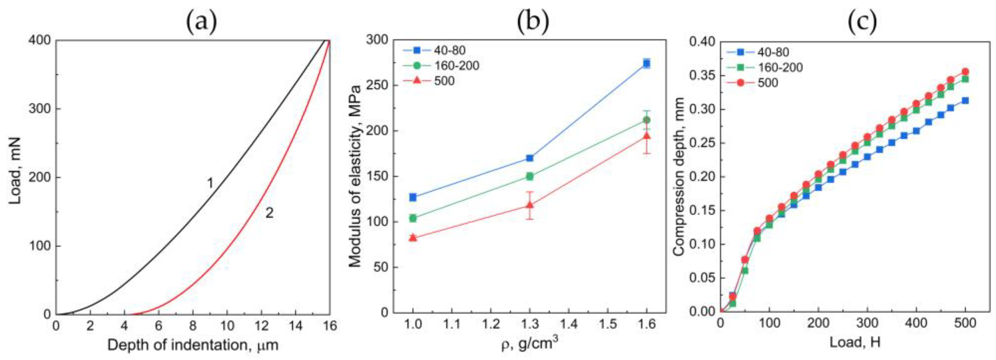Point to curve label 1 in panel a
(210, 183)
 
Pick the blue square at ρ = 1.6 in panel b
(647, 63)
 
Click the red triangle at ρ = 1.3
(530, 205)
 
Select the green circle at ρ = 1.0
(413, 218)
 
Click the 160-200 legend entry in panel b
(456, 66)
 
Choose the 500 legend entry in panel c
(768, 83)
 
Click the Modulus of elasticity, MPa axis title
(355, 177)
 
